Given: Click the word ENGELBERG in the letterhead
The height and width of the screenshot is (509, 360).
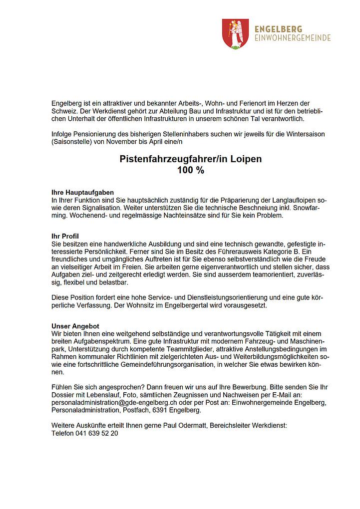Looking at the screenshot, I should pos(278,29).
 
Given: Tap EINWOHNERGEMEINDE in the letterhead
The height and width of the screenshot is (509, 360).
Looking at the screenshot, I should pos(293,38).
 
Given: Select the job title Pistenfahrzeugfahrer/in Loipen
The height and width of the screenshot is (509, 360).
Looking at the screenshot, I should pos(190,159).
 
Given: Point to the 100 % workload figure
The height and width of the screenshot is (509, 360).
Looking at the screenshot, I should pos(190,170).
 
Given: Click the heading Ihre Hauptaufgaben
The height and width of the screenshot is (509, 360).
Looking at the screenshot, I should pos(83,192).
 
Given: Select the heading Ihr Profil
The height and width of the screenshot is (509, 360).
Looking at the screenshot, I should pos(65,236).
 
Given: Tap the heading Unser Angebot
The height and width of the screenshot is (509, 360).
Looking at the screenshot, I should pos(75,326).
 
